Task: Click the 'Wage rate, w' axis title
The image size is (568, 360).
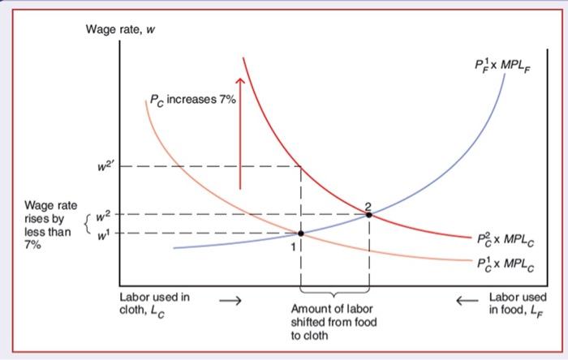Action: click(x=121, y=31)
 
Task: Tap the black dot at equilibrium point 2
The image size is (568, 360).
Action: click(x=368, y=215)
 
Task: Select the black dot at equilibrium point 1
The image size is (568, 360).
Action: click(x=301, y=234)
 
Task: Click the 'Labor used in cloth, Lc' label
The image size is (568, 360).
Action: click(x=154, y=302)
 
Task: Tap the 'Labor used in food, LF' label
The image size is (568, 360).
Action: click(x=519, y=303)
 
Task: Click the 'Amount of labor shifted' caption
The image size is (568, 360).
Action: click(x=333, y=322)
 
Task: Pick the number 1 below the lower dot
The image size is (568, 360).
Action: click(x=295, y=246)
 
